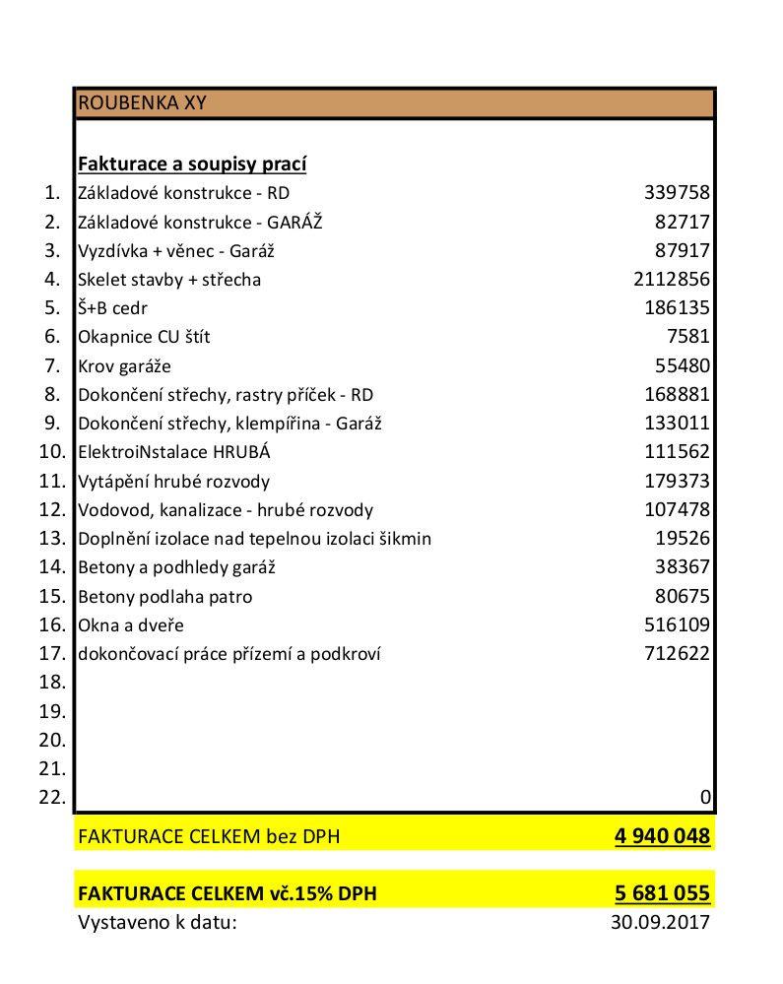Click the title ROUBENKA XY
[x=142, y=102]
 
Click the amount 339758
[x=677, y=193]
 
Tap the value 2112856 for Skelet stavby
[x=672, y=280]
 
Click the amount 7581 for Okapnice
[x=688, y=337]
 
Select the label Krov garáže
[x=124, y=366]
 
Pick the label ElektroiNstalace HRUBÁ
[x=173, y=453]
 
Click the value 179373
[x=677, y=482]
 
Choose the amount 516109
[x=677, y=625]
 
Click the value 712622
[x=677, y=654]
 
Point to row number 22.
[x=52, y=797]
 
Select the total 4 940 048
[x=662, y=837]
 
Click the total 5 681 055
[x=662, y=894]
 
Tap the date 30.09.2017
[x=660, y=923]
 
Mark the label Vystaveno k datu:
[x=158, y=923]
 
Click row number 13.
[x=52, y=539]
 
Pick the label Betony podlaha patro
[x=164, y=597]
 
